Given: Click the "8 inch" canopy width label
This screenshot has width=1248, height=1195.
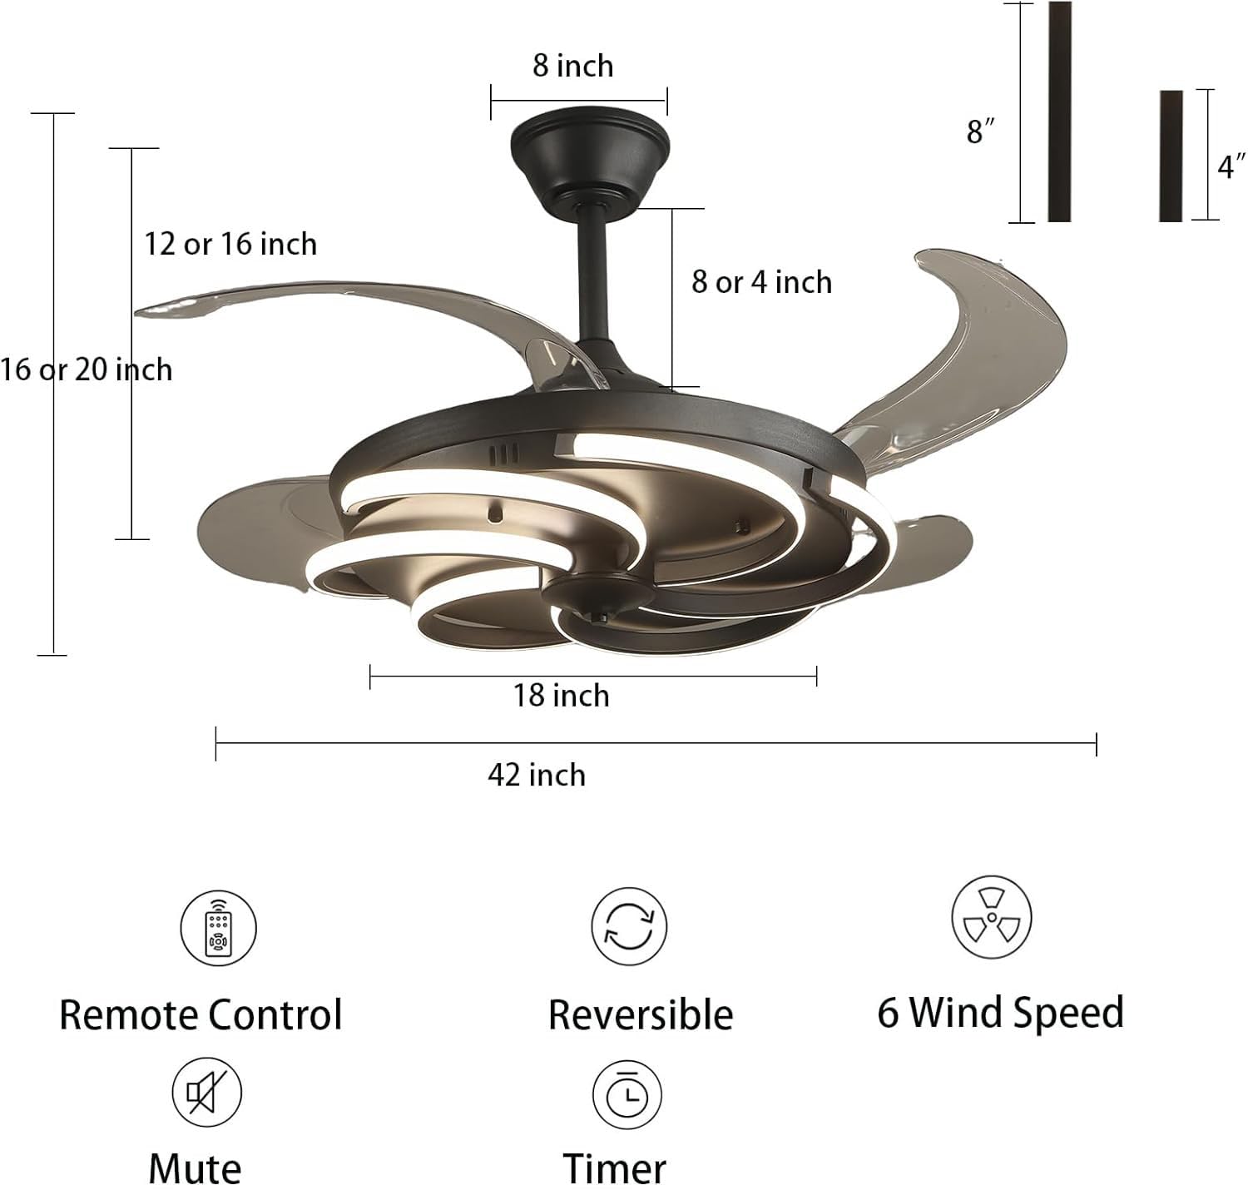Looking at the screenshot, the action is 573,66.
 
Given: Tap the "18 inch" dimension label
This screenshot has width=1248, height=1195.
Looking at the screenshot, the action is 561,695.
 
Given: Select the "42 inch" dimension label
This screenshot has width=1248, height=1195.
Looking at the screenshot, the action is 537,775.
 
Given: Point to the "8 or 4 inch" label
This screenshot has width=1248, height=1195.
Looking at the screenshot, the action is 761,282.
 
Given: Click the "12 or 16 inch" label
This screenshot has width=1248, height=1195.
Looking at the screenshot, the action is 230,244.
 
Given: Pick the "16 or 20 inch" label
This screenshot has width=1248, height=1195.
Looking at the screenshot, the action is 87,369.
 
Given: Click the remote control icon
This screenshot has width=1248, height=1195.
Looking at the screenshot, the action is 219,928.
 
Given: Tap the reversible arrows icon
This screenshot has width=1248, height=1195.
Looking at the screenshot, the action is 629,926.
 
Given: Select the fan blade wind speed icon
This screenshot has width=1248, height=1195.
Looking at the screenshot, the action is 991,917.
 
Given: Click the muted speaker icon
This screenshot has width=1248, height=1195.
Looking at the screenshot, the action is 206,1092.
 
